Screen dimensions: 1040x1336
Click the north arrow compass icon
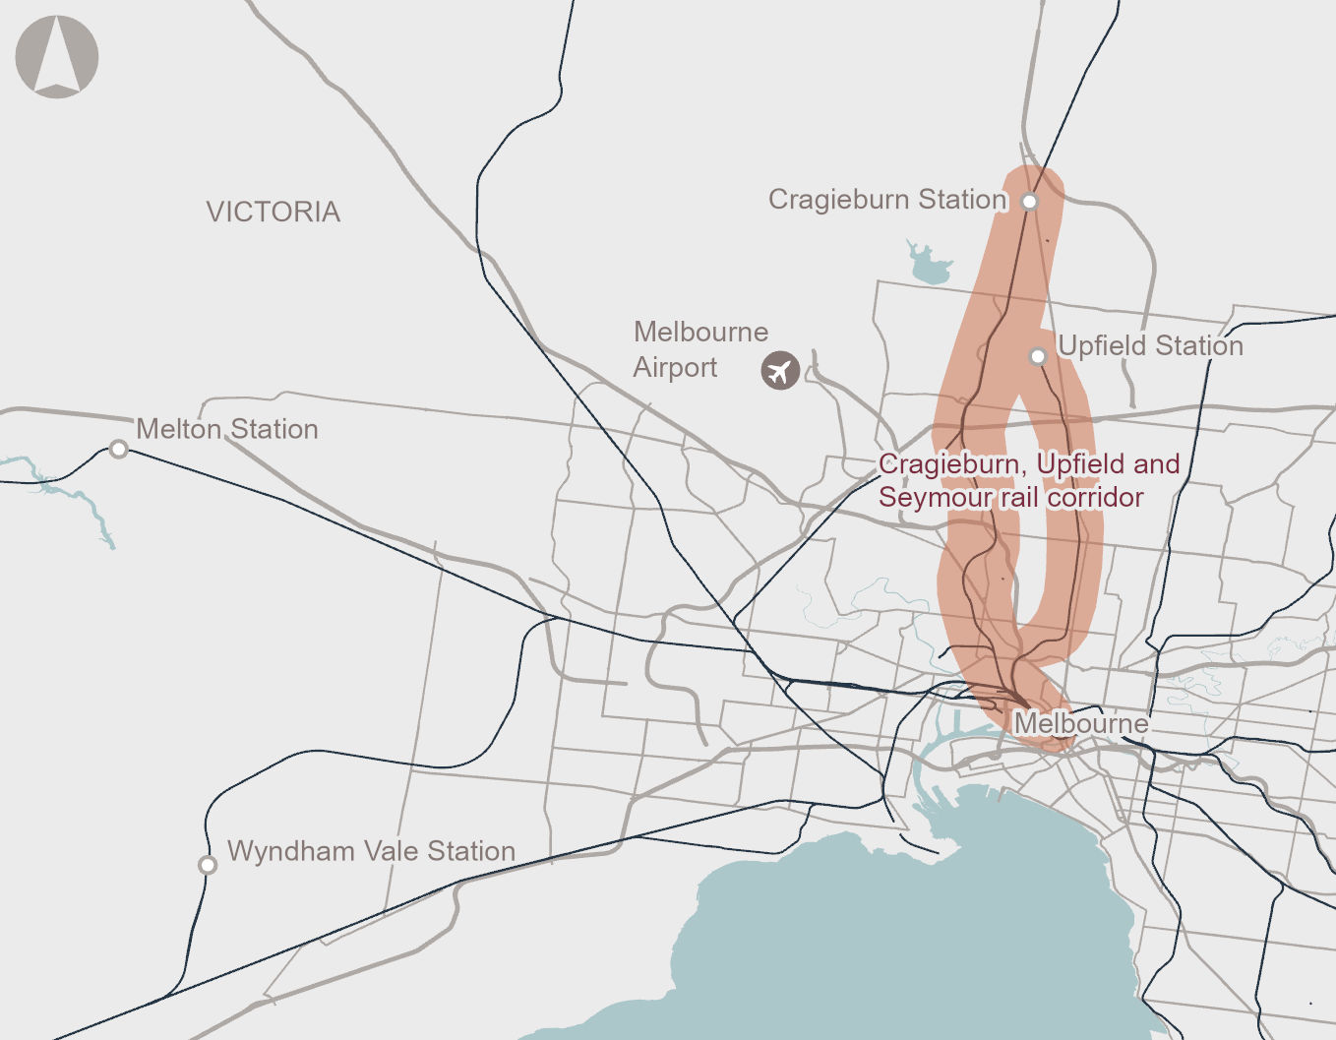point(57,57)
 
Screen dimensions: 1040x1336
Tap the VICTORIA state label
point(273,212)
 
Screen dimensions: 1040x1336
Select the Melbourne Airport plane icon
point(780,371)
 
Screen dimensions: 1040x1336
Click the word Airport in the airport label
point(675,368)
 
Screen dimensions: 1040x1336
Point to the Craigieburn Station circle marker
point(1029,202)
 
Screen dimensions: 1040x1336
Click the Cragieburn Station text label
point(887,200)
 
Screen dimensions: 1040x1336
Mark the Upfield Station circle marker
point(1038,356)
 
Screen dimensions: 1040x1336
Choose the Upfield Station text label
point(1150,346)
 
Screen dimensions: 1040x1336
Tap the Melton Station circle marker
point(118,450)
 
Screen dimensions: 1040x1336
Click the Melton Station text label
point(227,429)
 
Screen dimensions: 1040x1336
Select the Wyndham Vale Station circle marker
point(208,865)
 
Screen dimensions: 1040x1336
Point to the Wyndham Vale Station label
point(371,851)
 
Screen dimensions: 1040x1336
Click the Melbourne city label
point(1080,723)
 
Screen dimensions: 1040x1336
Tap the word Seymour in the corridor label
point(935,498)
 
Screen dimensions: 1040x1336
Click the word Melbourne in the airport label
point(700,332)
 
